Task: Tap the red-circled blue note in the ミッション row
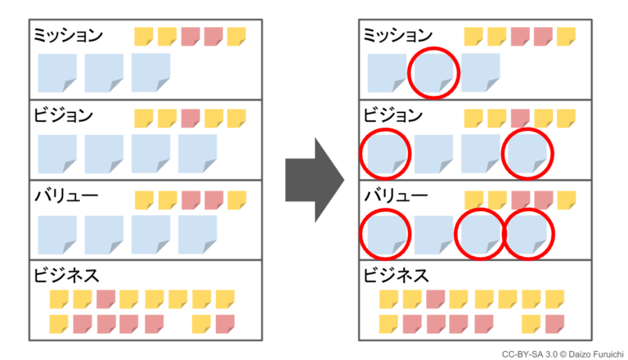point(433,72)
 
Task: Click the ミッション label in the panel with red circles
point(397,34)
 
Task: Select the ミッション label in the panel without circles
point(68,34)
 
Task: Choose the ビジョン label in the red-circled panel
point(392,115)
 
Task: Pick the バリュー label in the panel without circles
point(65,196)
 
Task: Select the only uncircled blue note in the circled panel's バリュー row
point(433,235)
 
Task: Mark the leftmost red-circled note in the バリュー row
point(385,235)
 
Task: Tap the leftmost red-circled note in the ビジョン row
point(385,153)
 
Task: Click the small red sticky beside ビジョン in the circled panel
point(520,119)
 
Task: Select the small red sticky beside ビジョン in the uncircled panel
point(191,119)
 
